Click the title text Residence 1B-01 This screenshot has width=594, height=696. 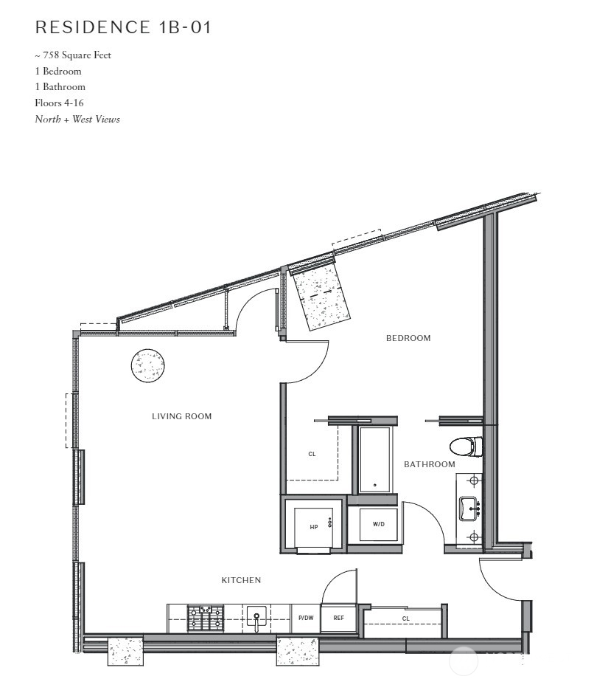pyautogui.click(x=123, y=27)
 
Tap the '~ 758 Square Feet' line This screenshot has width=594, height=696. pyautogui.click(x=73, y=55)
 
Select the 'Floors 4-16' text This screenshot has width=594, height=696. pyautogui.click(x=60, y=103)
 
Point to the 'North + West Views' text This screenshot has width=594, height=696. pyautogui.click(x=77, y=119)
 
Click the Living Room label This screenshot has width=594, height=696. pyautogui.click(x=182, y=416)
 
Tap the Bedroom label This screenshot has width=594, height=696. pyautogui.click(x=408, y=338)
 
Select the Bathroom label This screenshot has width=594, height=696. pyautogui.click(x=430, y=464)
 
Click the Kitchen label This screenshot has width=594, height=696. pyautogui.click(x=241, y=580)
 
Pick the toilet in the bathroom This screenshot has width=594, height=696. pyautogui.click(x=466, y=447)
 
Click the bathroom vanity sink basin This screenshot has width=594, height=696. pyautogui.click(x=469, y=509)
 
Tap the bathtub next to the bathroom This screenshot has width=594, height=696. pyautogui.click(x=374, y=459)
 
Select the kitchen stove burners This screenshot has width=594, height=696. pyautogui.click(x=205, y=619)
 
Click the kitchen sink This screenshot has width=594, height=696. pyautogui.click(x=256, y=618)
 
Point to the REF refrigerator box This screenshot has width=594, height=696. pyautogui.click(x=339, y=618)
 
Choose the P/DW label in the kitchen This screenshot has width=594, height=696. pyautogui.click(x=306, y=618)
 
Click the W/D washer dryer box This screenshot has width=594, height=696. pyautogui.click(x=379, y=524)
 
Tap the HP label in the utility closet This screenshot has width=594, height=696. pyautogui.click(x=314, y=527)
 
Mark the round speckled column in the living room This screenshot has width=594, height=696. pyautogui.click(x=148, y=365)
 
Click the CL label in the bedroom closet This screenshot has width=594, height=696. pyautogui.click(x=312, y=454)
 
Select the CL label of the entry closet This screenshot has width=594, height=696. pyautogui.click(x=406, y=619)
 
